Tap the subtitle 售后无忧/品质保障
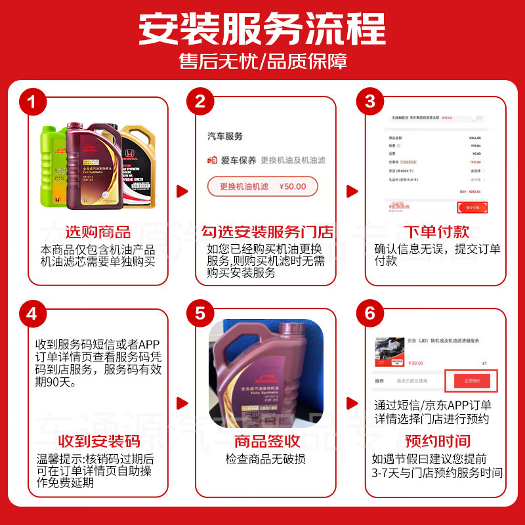[262, 61]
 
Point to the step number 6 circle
[370, 314]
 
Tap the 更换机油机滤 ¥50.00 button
[262, 186]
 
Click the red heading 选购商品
[97, 232]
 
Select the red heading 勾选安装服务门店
[266, 232]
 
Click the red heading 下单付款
[436, 232]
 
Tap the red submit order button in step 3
[472, 207]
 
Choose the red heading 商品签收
[266, 441]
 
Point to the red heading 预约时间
[436, 441]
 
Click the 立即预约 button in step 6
[472, 381]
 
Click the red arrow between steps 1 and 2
[182, 192]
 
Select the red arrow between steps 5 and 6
[351, 402]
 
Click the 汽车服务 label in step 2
[225, 136]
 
